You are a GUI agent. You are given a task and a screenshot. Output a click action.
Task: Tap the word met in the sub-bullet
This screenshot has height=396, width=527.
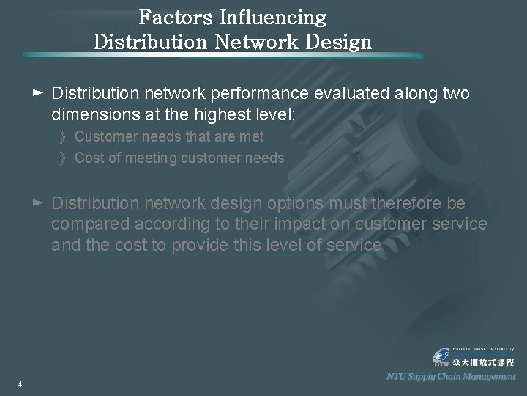click(252, 136)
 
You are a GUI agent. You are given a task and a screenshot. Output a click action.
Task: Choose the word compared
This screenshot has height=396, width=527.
click(89, 224)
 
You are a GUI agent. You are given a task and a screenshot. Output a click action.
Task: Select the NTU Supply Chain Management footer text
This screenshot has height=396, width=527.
click(451, 376)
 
